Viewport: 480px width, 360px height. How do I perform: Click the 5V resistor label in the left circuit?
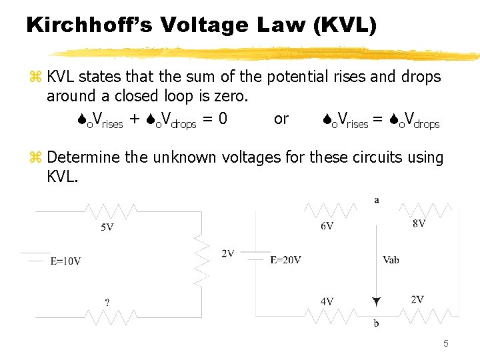click(x=107, y=227)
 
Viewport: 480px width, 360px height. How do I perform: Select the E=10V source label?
click(x=65, y=261)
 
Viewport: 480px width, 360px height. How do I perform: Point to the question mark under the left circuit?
click(x=107, y=302)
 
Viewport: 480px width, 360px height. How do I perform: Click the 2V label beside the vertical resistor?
click(x=227, y=253)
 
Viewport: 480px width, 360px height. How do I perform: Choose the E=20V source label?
click(x=285, y=260)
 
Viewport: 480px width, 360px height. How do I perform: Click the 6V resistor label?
click(x=327, y=226)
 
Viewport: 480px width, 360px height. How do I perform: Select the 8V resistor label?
click(x=419, y=224)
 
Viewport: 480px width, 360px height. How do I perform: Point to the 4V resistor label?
click(x=327, y=302)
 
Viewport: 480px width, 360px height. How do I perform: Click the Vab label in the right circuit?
click(x=391, y=260)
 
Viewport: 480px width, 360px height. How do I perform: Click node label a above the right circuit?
click(x=377, y=200)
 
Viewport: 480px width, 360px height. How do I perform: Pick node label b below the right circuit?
click(x=377, y=323)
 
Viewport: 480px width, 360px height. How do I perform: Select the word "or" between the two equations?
click(x=281, y=119)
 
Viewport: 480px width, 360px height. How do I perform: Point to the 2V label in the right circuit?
click(x=417, y=300)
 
